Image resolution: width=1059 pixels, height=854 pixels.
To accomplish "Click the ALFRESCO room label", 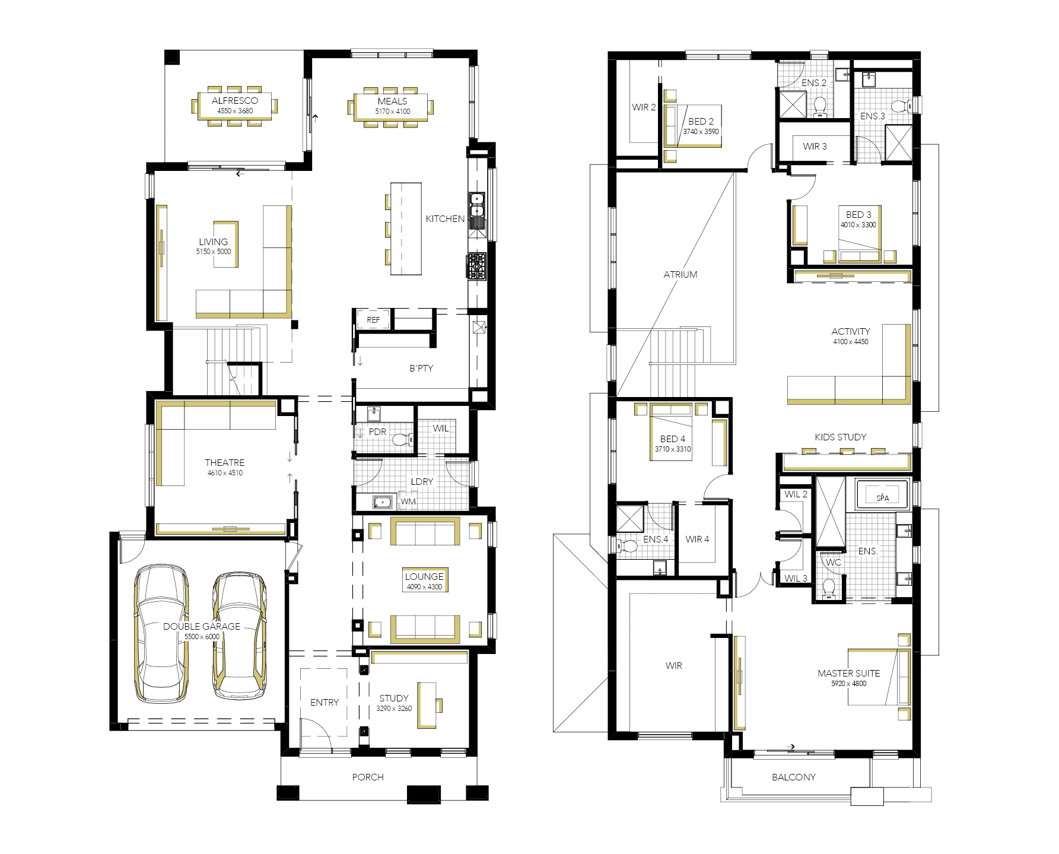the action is pyautogui.click(x=235, y=101).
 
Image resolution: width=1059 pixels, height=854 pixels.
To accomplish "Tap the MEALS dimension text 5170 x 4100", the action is pyautogui.click(x=392, y=112).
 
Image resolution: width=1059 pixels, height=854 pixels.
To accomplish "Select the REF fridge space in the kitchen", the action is pyautogui.click(x=373, y=319).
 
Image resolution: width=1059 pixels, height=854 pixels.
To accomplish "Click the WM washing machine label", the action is pyautogui.click(x=408, y=501).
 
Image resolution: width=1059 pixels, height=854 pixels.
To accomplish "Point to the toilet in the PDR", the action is pyautogui.click(x=402, y=440).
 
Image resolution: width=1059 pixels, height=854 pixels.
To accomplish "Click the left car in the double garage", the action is pyautogui.click(x=161, y=633).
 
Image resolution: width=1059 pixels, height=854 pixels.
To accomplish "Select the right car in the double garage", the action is pyautogui.click(x=240, y=635).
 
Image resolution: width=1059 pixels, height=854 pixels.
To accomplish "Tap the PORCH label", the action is pyautogui.click(x=368, y=777).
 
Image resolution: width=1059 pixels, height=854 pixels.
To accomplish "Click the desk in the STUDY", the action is pyautogui.click(x=427, y=705).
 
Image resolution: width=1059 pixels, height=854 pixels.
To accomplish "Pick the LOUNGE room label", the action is pyautogui.click(x=424, y=576).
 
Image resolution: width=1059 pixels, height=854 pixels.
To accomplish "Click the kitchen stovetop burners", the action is pyautogui.click(x=476, y=266).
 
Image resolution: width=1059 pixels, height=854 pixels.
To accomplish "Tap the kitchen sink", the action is pyautogui.click(x=477, y=205).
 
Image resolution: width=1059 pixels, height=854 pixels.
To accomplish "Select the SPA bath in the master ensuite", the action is pyautogui.click(x=882, y=494).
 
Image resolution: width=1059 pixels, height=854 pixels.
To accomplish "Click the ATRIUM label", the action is pyautogui.click(x=680, y=275).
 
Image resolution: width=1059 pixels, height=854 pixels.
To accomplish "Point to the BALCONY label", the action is pyautogui.click(x=794, y=777).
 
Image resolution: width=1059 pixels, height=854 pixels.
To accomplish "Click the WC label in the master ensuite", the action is pyautogui.click(x=834, y=563).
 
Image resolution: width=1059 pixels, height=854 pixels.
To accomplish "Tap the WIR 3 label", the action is pyautogui.click(x=815, y=147).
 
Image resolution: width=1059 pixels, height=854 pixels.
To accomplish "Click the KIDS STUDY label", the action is pyautogui.click(x=841, y=437).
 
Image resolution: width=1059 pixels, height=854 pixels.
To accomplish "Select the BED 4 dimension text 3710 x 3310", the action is pyautogui.click(x=673, y=449).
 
